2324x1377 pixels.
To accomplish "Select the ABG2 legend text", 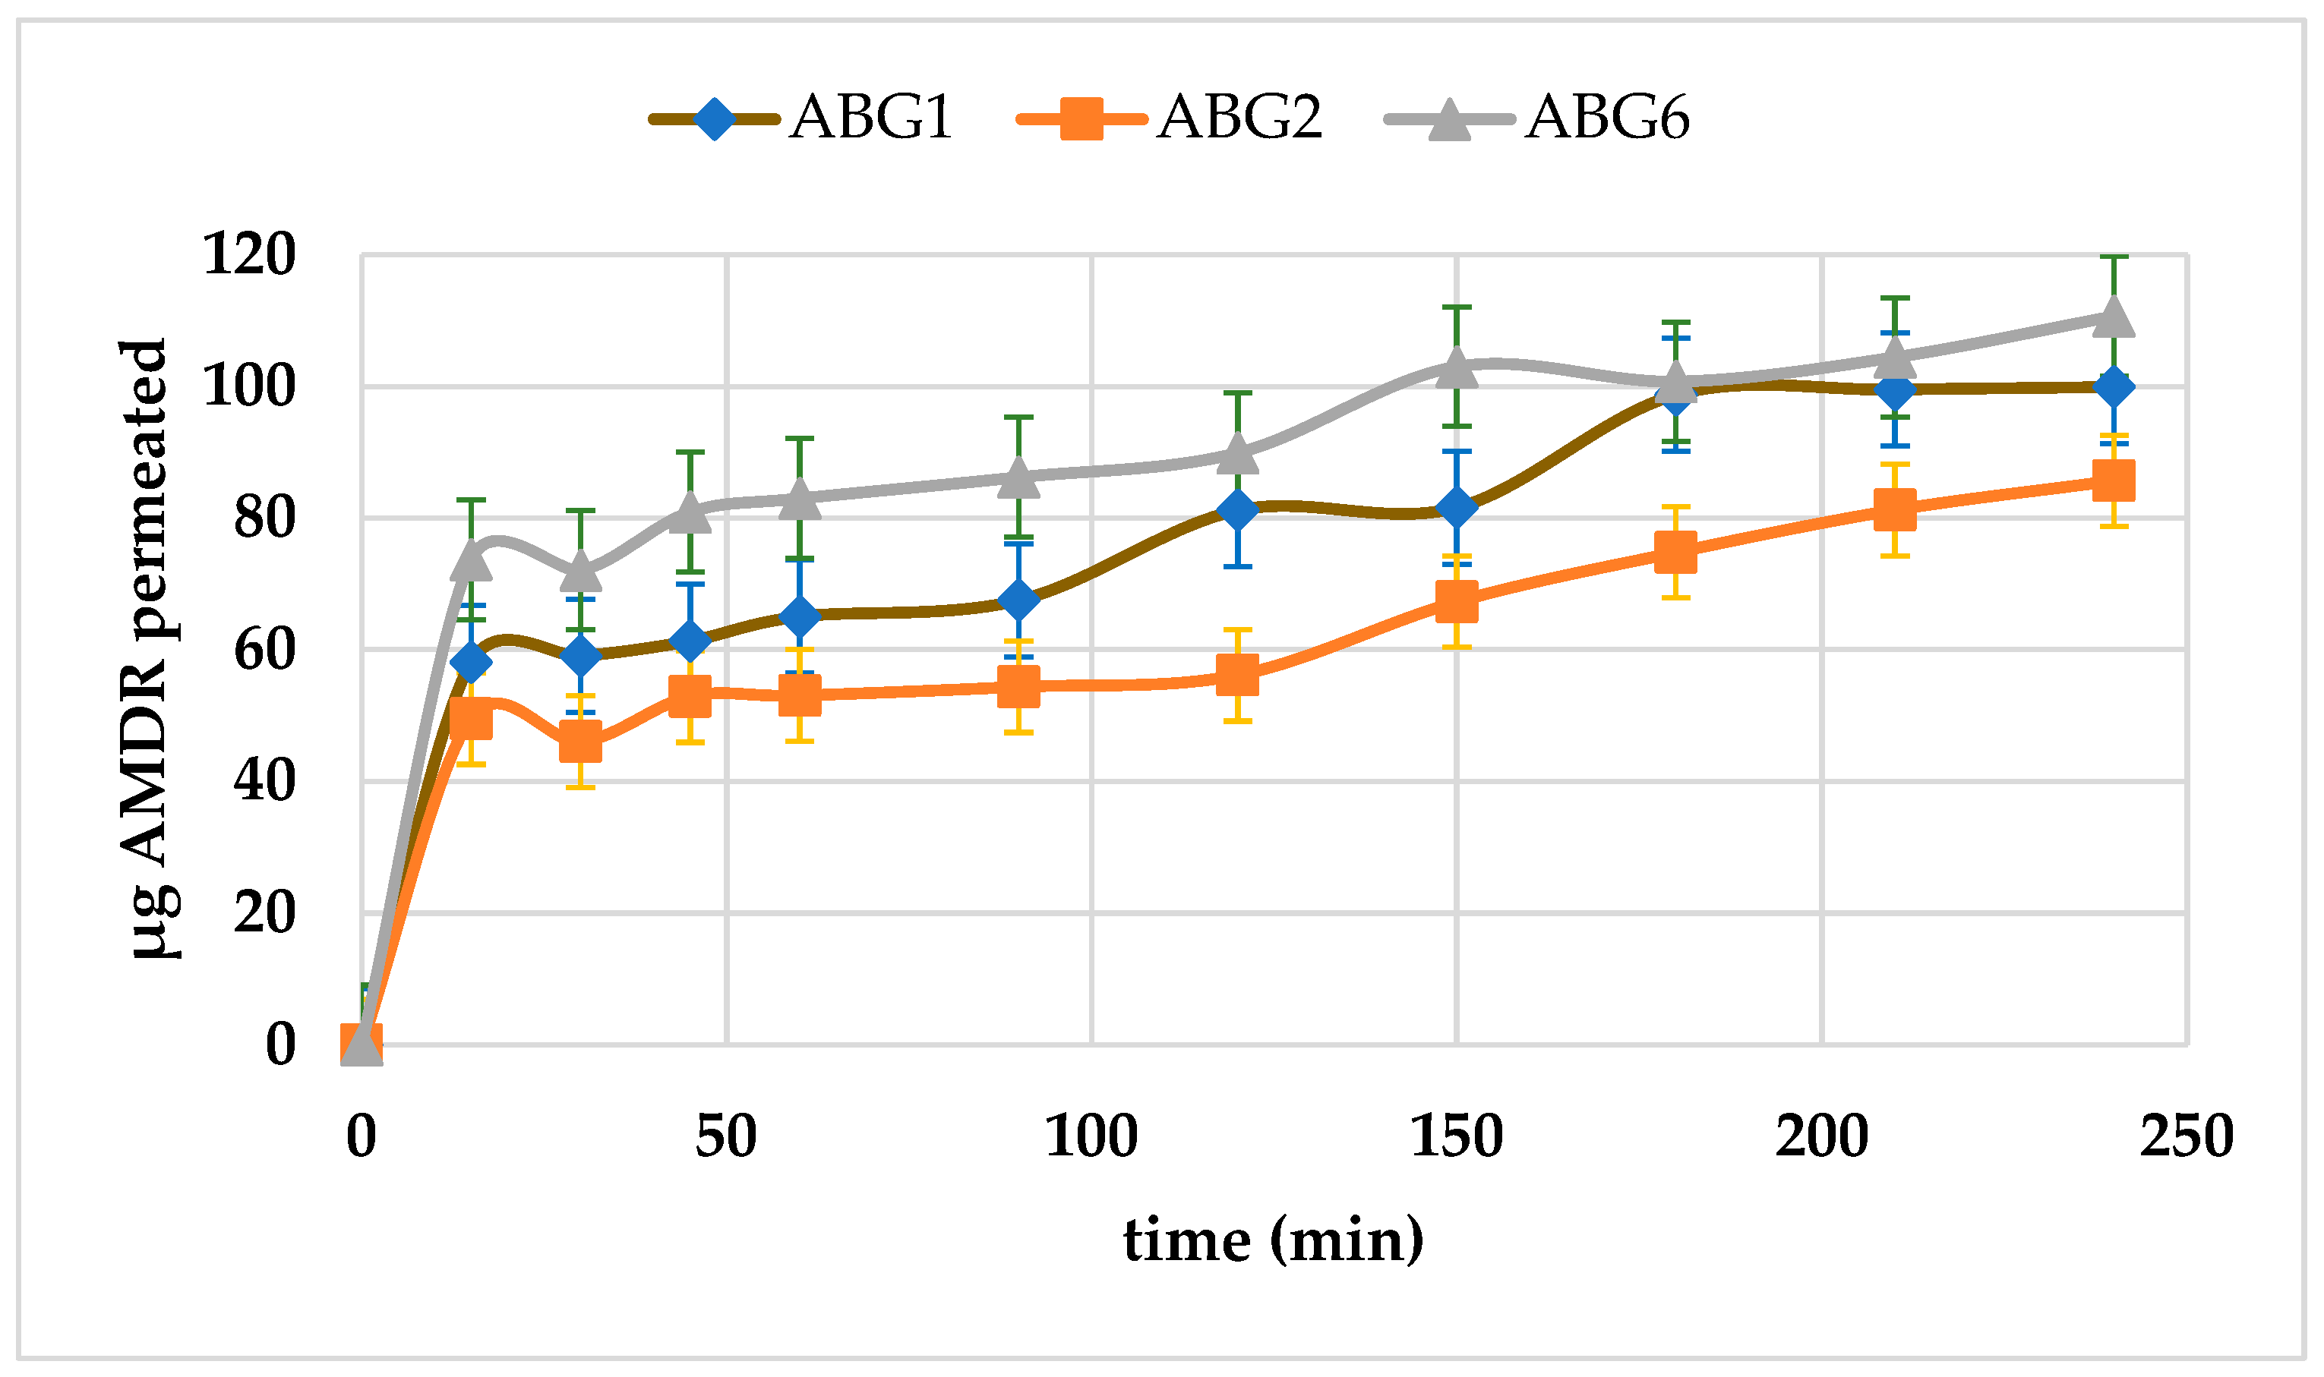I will pyautogui.click(x=1239, y=118).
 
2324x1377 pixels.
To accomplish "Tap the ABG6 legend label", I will pyautogui.click(x=1606, y=118).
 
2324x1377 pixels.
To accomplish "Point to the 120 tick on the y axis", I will pyautogui.click(x=249, y=254).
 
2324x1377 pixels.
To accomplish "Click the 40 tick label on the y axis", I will pyautogui.click(x=264, y=781).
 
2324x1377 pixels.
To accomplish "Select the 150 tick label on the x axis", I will pyautogui.click(x=1456, y=1136).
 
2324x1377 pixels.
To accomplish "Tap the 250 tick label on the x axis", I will pyautogui.click(x=2187, y=1136).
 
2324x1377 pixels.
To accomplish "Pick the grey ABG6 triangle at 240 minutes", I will pyautogui.click(x=2114, y=317).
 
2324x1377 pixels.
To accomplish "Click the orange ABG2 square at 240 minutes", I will pyautogui.click(x=2114, y=481).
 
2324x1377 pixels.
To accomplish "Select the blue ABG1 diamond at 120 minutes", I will pyautogui.click(x=1238, y=510).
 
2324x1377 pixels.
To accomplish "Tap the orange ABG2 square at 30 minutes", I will pyautogui.click(x=580, y=742).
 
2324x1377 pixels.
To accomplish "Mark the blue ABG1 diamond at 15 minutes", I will pyautogui.click(x=472, y=663).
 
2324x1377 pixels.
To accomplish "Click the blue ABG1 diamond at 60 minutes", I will pyautogui.click(x=800, y=616).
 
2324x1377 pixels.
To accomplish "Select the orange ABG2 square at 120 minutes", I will pyautogui.click(x=1238, y=676).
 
